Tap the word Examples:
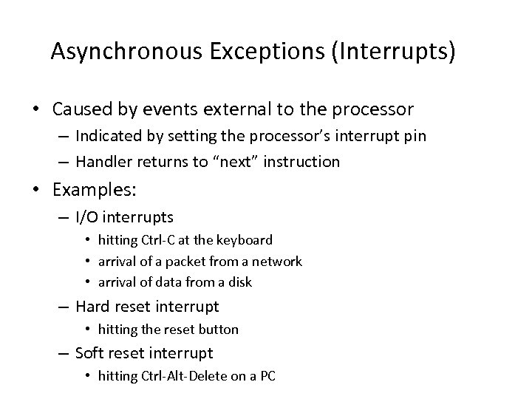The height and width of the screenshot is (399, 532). [x=95, y=190]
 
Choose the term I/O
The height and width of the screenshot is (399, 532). [x=89, y=216]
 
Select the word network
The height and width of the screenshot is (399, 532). [x=276, y=261]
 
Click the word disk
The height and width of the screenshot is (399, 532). [x=239, y=282]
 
